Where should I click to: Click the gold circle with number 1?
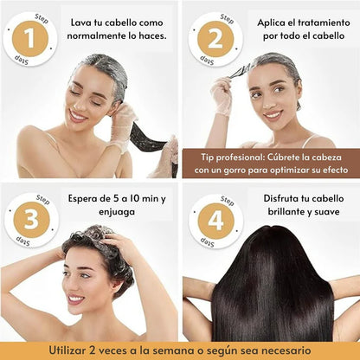[30, 39]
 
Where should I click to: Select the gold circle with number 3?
[30, 220]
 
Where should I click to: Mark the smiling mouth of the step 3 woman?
[76, 299]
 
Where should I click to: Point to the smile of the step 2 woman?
[273, 113]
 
